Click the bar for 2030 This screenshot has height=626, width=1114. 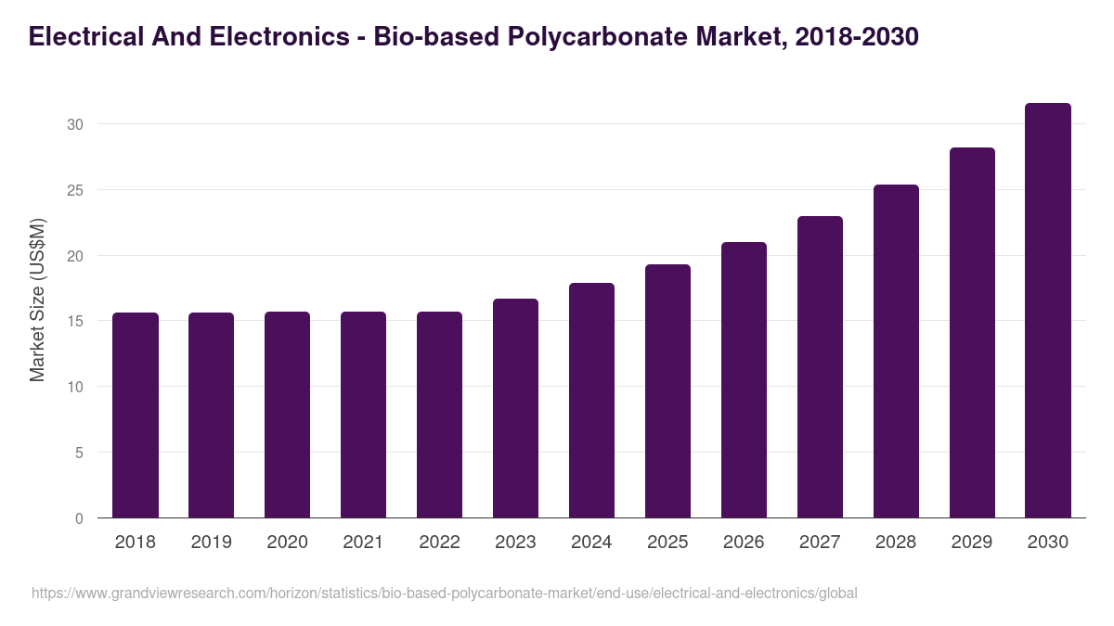1047,311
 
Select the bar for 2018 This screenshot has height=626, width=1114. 136,415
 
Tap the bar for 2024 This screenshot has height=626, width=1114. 591,401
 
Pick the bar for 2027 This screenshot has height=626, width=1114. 820,367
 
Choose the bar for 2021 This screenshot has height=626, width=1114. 363,415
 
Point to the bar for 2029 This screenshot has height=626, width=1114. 972,333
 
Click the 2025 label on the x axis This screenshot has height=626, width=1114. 667,543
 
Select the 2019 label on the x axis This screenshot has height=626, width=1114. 211,543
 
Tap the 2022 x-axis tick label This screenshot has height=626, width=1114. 439,543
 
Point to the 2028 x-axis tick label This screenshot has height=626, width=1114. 896,543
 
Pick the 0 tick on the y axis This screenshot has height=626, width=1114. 79,518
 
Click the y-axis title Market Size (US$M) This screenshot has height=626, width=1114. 37,300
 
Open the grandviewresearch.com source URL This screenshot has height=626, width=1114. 444,593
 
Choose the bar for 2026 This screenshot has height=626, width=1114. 744,380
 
